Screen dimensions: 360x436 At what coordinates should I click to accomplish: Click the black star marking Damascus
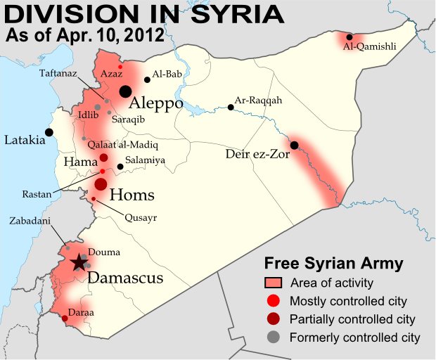click(79, 263)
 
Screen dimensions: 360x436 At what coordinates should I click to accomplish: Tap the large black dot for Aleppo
click(125, 91)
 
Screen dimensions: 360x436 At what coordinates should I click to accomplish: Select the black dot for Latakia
click(49, 131)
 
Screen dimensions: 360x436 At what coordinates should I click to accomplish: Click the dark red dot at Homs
click(101, 184)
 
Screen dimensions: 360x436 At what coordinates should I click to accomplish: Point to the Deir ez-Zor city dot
click(294, 146)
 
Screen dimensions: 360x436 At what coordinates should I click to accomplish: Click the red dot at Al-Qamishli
click(350, 37)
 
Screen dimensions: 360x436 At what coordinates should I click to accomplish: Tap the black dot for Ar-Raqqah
click(231, 108)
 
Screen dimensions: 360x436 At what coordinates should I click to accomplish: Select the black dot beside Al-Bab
click(147, 79)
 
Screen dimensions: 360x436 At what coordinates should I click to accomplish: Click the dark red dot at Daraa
click(65, 319)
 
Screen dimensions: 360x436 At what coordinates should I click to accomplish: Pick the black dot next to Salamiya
click(120, 167)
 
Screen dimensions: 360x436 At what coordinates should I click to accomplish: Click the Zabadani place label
click(30, 219)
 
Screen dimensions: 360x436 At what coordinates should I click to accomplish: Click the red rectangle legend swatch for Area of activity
click(274, 283)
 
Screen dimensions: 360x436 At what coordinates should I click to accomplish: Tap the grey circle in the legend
click(274, 337)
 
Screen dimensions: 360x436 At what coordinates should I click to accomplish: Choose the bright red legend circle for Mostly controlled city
click(274, 301)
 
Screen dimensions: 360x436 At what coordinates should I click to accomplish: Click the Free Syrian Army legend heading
click(333, 264)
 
